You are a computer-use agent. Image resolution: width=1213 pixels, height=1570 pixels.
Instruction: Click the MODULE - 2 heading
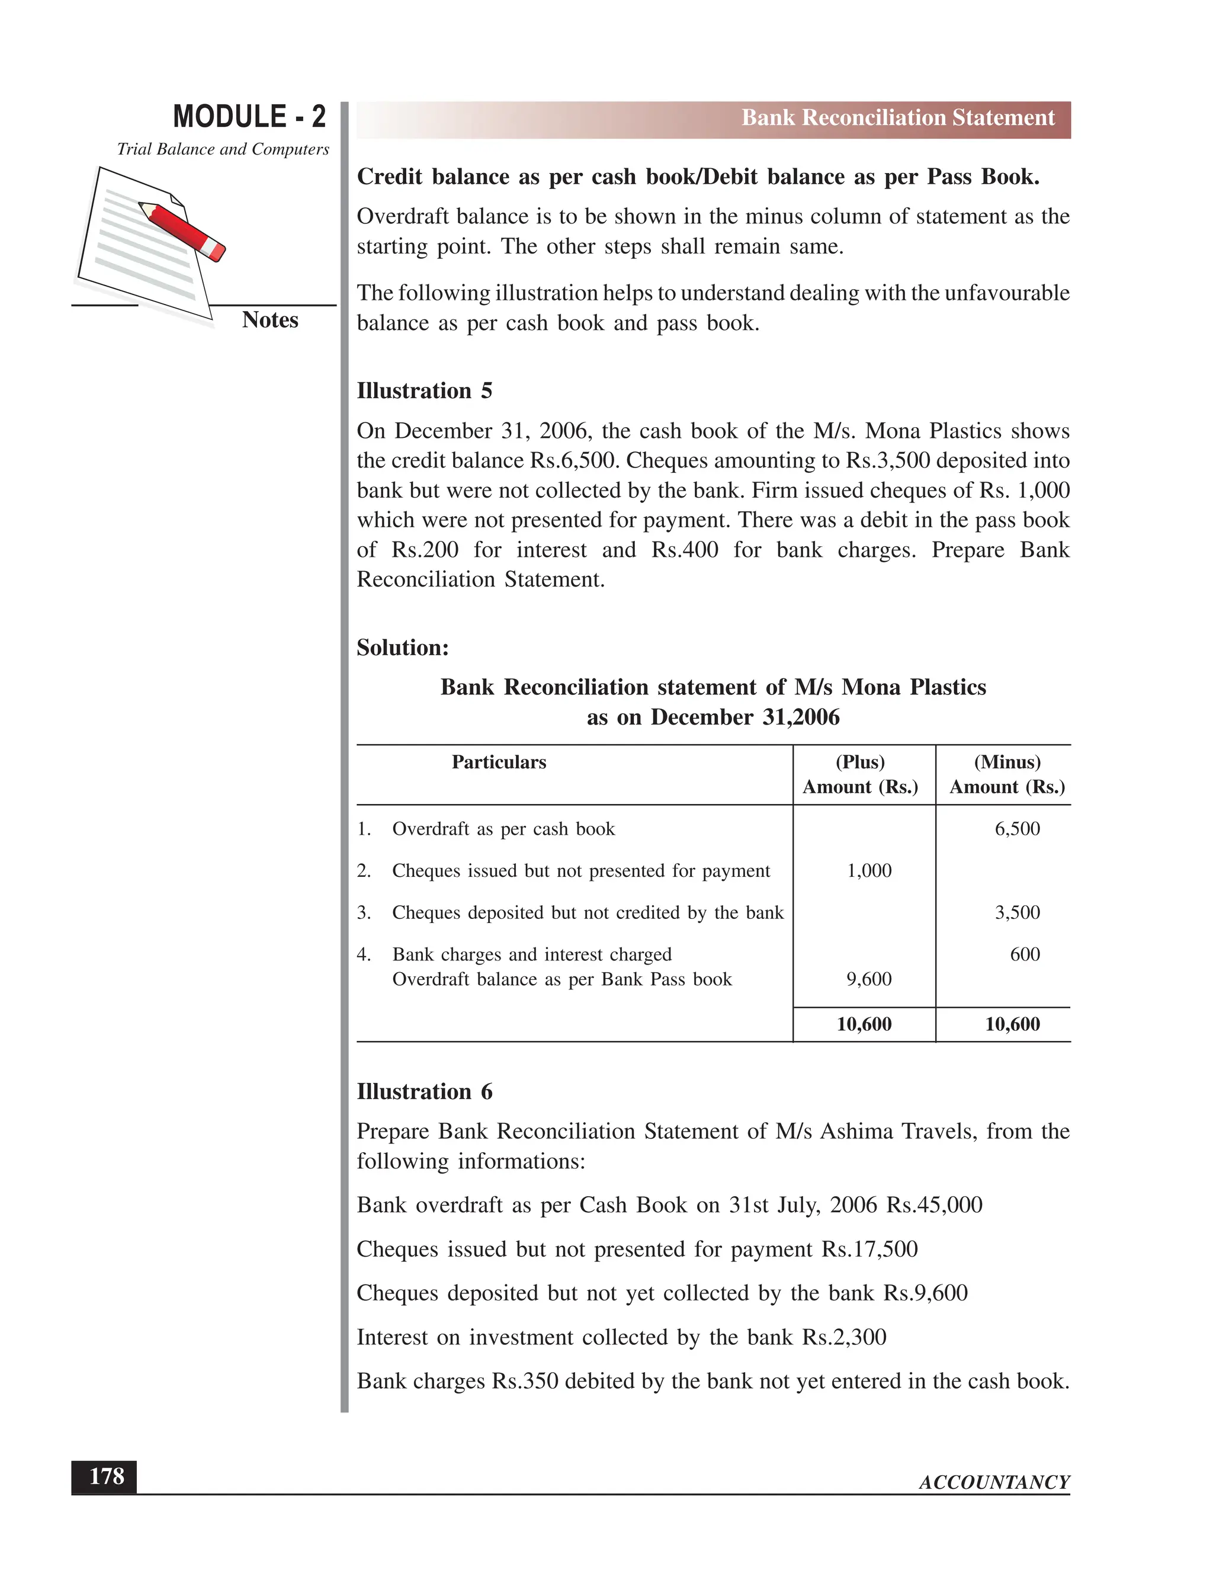tap(249, 117)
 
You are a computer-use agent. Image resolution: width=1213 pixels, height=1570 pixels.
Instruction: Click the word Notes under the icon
tap(269, 320)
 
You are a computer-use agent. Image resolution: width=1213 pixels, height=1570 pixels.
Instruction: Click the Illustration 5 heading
tap(424, 391)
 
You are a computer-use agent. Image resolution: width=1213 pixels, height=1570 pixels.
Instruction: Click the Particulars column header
tap(499, 762)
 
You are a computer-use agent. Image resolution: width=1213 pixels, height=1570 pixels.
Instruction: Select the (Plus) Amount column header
tap(860, 774)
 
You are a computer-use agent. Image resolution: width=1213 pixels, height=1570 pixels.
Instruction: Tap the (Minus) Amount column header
tap(1007, 774)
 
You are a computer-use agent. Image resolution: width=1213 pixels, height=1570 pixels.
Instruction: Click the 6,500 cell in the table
tap(1017, 829)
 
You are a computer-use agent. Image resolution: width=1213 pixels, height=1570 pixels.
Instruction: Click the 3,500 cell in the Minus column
tap(1017, 912)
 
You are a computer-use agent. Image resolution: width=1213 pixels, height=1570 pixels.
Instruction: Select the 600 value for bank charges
tap(1025, 954)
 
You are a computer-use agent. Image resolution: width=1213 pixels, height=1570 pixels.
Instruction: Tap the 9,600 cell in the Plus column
tap(869, 979)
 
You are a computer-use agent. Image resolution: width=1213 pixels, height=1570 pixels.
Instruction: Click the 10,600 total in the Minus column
tap(1012, 1024)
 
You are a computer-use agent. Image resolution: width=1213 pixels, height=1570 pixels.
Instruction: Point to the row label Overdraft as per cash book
tap(503, 829)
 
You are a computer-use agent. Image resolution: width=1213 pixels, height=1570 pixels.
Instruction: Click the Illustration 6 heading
tap(424, 1092)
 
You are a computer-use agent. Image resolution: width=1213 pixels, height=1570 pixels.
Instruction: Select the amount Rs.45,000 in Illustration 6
tap(934, 1205)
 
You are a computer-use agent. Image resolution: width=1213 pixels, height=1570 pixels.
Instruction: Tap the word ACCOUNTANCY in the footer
tap(994, 1482)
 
